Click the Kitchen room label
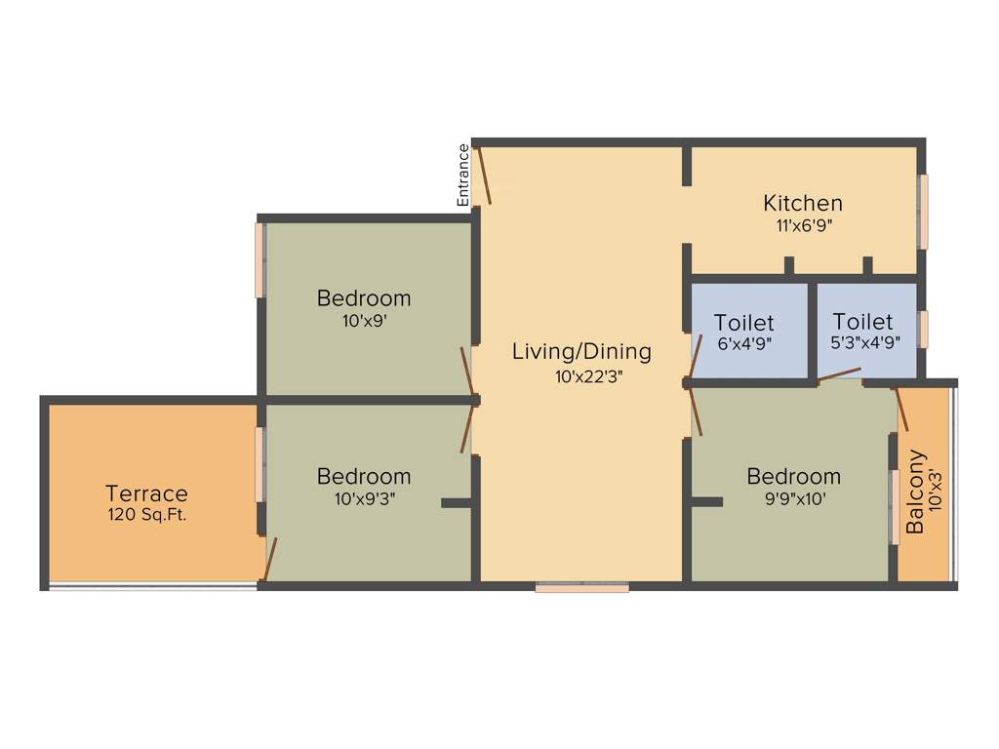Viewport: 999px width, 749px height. (x=802, y=203)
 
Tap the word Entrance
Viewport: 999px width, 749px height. (x=463, y=175)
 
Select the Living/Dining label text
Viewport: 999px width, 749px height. (x=581, y=351)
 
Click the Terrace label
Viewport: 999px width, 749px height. (x=146, y=493)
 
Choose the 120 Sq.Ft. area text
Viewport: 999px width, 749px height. (x=146, y=513)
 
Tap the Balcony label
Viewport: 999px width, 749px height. (x=915, y=491)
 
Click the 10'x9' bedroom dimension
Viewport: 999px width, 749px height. (x=363, y=320)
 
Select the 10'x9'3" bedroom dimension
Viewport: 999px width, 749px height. (x=363, y=498)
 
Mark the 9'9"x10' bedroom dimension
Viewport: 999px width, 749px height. (x=793, y=498)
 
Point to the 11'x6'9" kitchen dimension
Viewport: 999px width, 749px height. (x=802, y=225)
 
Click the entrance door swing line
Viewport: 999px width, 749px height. (x=482, y=175)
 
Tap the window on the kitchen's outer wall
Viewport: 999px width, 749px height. (x=923, y=212)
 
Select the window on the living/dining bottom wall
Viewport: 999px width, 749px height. (x=581, y=587)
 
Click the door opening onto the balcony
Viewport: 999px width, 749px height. (x=902, y=410)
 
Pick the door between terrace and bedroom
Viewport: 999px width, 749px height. (x=270, y=559)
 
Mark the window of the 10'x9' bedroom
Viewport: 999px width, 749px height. (x=260, y=260)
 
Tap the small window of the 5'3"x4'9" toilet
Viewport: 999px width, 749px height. (x=923, y=330)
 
